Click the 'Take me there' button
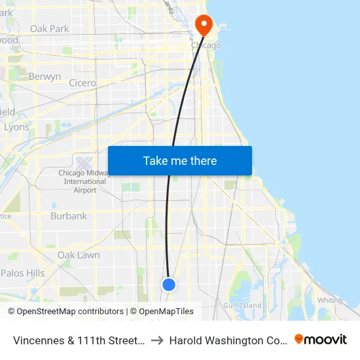pos(179,161)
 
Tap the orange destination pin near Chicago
pos(204,25)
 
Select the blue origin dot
pos(169,285)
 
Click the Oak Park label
pos(50,29)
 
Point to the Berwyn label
pos(45,77)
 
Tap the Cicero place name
pos(82,83)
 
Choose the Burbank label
pos(69,216)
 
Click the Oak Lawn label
pos(79,255)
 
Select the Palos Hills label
pos(23,273)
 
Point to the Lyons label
pos(16,127)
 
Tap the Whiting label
pos(329,300)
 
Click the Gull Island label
pos(242,305)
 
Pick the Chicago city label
pos(206,45)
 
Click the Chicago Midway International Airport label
pos(84,181)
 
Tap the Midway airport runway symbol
pos(84,162)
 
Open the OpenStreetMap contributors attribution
pos(65,312)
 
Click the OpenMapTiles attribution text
pos(166,312)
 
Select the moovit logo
pos(321,339)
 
